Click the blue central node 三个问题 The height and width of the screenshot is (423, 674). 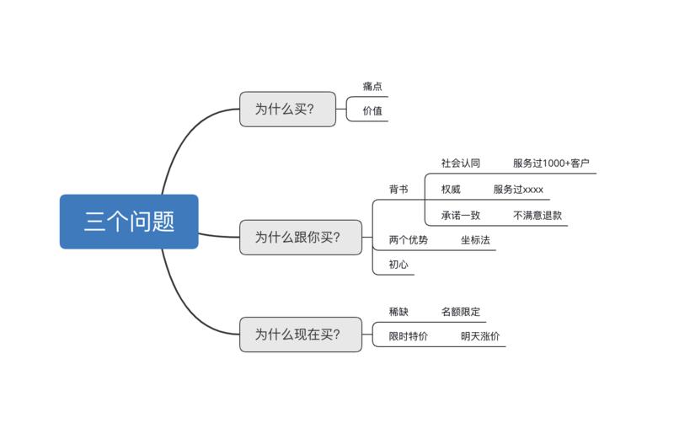129,222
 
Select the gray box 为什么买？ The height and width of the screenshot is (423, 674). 287,109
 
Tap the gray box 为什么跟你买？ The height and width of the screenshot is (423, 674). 300,237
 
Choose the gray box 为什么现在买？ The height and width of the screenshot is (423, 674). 300,334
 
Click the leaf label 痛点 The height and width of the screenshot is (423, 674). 372,87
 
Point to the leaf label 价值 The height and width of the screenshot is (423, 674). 372,110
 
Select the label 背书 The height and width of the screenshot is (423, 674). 399,190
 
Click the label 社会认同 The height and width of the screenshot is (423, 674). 461,163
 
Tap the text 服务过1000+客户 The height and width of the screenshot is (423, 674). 551,163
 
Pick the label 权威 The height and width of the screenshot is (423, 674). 451,189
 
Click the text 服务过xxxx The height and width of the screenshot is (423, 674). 518,189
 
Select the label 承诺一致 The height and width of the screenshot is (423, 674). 461,215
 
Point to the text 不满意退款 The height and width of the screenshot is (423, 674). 538,215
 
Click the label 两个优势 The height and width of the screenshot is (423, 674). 409,240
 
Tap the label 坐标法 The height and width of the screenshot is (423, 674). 475,240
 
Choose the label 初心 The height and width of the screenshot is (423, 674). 399,265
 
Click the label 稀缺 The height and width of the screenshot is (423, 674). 399,312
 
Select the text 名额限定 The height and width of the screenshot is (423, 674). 461,312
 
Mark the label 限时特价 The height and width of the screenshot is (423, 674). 409,336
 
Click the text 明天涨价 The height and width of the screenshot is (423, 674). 480,336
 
